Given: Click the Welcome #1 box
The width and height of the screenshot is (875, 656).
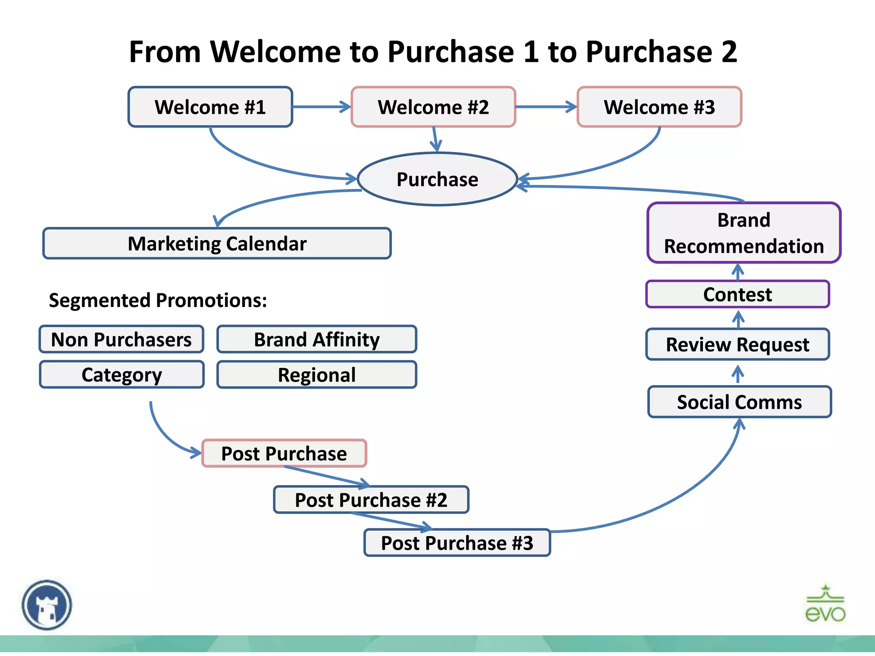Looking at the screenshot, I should point(210,107).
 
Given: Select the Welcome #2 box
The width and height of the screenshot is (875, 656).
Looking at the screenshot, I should point(433,107).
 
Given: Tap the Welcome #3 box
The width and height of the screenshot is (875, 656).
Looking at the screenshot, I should point(659,107).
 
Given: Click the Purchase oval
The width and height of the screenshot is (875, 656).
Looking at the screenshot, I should point(437,179).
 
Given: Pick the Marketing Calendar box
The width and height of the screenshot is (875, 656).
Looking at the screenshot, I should point(217,243).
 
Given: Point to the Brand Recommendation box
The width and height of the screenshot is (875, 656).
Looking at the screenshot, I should point(744,233).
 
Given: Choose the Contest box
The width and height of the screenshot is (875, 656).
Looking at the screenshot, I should point(737,294).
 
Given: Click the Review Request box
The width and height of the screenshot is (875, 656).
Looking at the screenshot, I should point(737,344).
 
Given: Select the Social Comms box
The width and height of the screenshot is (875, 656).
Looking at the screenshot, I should point(740,402).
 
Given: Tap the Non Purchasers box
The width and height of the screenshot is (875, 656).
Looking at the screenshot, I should point(121,340).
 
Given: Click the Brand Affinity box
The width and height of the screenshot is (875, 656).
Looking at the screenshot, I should point(317,340).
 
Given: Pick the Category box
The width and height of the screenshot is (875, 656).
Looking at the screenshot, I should point(122,375).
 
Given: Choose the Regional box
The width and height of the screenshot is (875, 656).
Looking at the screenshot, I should point(317,375).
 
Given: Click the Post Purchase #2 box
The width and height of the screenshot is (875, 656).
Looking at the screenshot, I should point(371,500).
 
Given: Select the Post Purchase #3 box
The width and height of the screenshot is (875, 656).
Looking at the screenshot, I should point(457,543).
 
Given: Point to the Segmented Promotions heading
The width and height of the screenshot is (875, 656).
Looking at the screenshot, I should point(158,300).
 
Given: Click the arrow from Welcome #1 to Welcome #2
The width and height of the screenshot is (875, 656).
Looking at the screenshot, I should point(321,107).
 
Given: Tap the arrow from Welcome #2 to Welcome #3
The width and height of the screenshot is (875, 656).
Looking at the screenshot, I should point(546,107).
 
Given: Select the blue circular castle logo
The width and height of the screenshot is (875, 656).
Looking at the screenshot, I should point(47,605).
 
